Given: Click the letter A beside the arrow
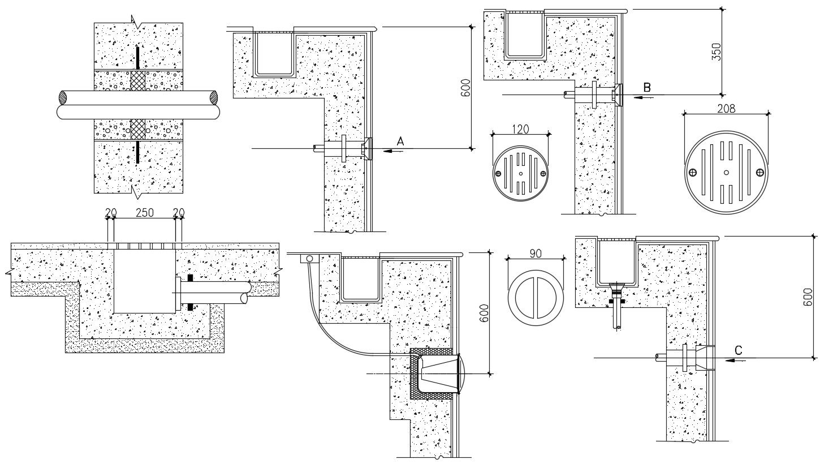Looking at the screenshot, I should [400, 142].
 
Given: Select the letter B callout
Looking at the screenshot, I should [647, 87].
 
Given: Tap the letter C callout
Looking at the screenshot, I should [738, 350].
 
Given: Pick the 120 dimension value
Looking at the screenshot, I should [520, 129].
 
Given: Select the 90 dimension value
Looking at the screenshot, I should [536, 254].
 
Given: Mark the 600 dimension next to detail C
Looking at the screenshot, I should [807, 297].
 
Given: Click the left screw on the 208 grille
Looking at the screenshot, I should [691, 172].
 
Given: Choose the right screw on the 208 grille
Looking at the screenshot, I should [761, 172].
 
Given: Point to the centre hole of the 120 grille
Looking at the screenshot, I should [520, 173].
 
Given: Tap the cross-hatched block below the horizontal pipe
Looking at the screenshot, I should [138, 129].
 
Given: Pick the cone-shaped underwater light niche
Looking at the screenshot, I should [438, 373].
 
